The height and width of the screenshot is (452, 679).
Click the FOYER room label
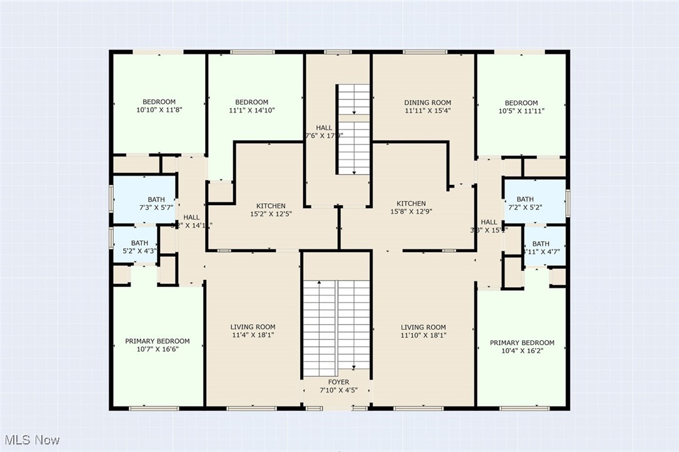tap(339, 382)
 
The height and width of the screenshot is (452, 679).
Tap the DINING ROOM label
tap(427, 103)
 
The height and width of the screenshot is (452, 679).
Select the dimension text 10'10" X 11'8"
tap(159, 110)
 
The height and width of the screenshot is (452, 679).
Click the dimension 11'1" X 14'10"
tap(251, 110)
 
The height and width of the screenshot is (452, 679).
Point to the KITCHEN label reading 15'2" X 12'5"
tap(271, 206)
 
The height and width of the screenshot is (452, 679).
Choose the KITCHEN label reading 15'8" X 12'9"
tap(411, 203)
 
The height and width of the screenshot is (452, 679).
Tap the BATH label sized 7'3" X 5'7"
tap(139, 200)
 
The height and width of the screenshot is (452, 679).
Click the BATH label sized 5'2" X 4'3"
tap(139, 243)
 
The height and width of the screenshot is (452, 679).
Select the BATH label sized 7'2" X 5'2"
tap(525, 199)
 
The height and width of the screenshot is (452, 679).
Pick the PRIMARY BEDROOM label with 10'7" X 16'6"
tap(157, 341)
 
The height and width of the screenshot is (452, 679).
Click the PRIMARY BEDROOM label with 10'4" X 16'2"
tap(521, 343)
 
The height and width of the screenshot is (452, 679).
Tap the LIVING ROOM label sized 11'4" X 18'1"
tap(253, 327)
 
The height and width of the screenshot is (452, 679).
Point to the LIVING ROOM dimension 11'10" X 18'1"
tap(423, 335)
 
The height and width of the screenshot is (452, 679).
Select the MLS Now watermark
tap(31, 439)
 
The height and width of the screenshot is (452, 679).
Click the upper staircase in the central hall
tap(354, 129)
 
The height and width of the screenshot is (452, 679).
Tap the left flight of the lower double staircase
tap(319, 328)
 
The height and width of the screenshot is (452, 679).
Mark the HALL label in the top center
tap(324, 128)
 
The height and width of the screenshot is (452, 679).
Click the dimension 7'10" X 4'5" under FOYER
tap(339, 391)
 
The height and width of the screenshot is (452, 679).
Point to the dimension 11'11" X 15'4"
tap(427, 111)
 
